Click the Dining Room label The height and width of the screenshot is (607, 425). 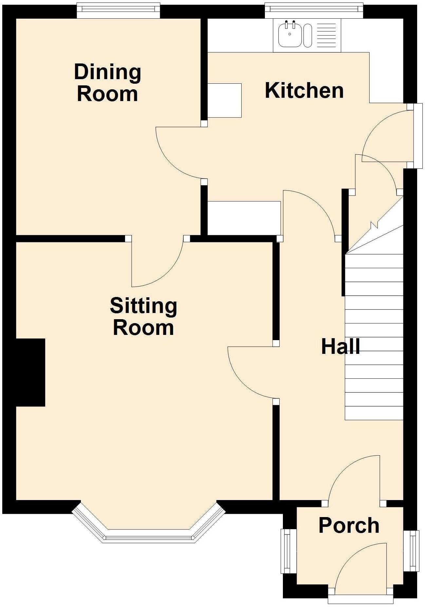pyautogui.click(x=107, y=83)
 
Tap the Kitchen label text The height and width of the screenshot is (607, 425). pyautogui.click(x=304, y=91)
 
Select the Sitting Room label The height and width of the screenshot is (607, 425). pyautogui.click(x=143, y=317)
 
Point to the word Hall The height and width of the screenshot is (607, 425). pyautogui.click(x=341, y=347)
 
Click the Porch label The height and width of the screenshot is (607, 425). pyautogui.click(x=349, y=526)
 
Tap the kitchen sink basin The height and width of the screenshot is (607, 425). pyautogui.click(x=290, y=35)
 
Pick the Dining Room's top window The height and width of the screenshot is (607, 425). pyautogui.click(x=118, y=10)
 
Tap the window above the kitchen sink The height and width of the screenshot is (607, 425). pyautogui.click(x=314, y=10)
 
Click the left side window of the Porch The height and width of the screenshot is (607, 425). pyautogui.click(x=288, y=551)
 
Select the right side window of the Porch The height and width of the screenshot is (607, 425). pyautogui.click(x=411, y=551)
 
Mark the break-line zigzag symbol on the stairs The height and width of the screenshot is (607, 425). pyautogui.click(x=374, y=225)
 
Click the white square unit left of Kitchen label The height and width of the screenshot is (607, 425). pyautogui.click(x=225, y=100)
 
